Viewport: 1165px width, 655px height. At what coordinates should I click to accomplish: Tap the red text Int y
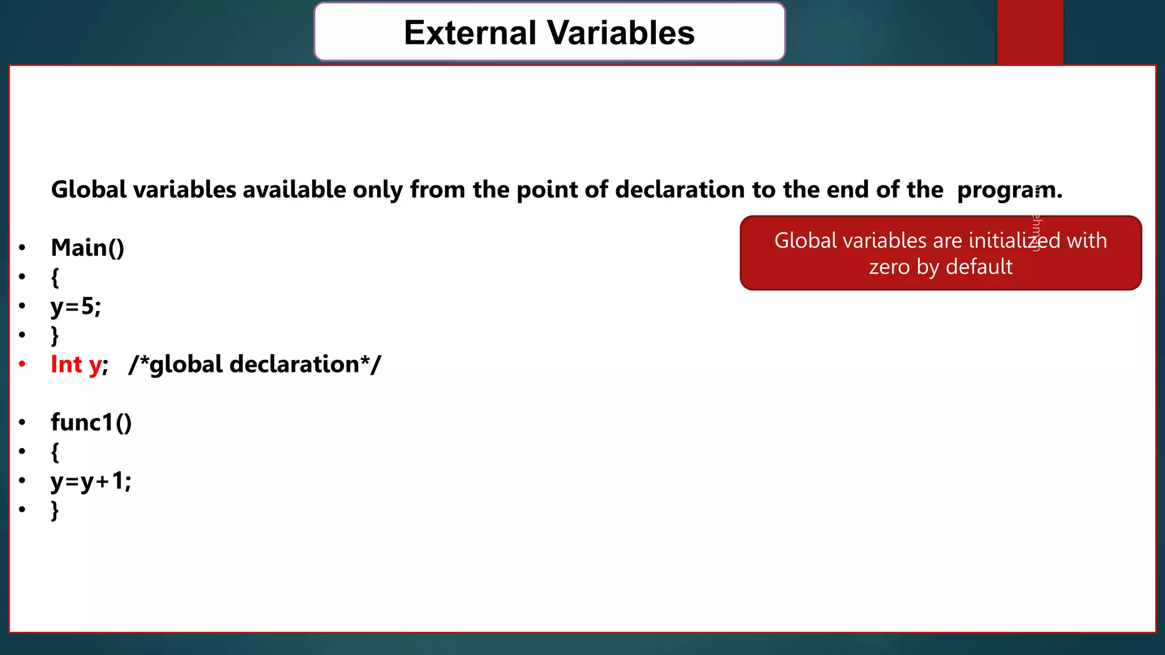pyautogui.click(x=76, y=364)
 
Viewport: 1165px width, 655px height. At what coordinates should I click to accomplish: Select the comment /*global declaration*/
pyautogui.click(x=255, y=364)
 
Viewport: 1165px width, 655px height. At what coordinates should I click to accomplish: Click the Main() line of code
pyautogui.click(x=88, y=248)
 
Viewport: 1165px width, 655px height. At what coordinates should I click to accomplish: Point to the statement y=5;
pyautogui.click(x=76, y=306)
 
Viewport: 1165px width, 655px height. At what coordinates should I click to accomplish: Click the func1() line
pyautogui.click(x=91, y=422)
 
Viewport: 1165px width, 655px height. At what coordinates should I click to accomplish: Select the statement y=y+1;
pyautogui.click(x=91, y=482)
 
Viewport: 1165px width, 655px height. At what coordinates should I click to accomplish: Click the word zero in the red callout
pyautogui.click(x=889, y=267)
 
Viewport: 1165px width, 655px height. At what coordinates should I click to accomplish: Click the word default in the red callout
pyautogui.click(x=979, y=267)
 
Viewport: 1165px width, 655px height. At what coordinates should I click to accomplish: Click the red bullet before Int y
pyautogui.click(x=22, y=364)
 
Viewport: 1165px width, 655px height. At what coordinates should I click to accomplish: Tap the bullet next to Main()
pyautogui.click(x=22, y=248)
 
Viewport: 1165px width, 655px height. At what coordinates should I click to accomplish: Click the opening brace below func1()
pyautogui.click(x=55, y=453)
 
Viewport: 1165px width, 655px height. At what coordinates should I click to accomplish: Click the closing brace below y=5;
pyautogui.click(x=55, y=335)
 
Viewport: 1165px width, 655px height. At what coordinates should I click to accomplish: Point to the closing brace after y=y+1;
pyautogui.click(x=55, y=511)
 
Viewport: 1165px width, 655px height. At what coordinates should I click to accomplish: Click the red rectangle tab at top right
pyautogui.click(x=1030, y=32)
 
